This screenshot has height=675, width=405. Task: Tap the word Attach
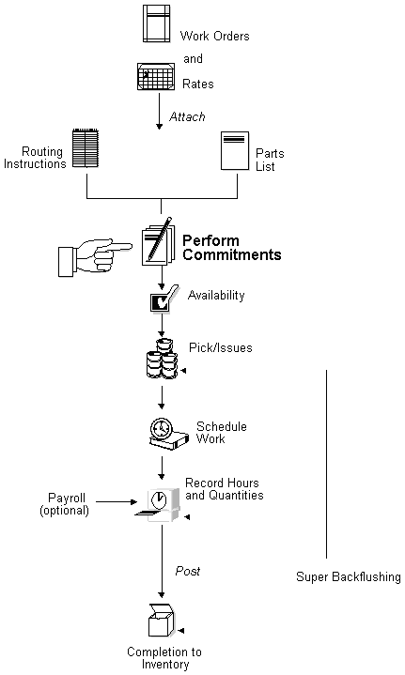pyautogui.click(x=187, y=116)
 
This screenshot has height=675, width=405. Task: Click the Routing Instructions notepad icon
pyautogui.click(x=86, y=150)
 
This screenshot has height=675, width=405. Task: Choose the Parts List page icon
pyautogui.click(x=234, y=151)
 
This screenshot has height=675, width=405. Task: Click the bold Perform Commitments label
pyautogui.click(x=231, y=247)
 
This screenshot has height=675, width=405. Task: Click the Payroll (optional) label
pyautogui.click(x=64, y=503)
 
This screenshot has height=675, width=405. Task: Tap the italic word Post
pyautogui.click(x=188, y=571)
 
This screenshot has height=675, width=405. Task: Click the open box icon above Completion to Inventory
pyautogui.click(x=161, y=621)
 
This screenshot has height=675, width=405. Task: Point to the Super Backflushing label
pyautogui.click(x=349, y=576)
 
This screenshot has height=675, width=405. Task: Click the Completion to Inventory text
pyautogui.click(x=164, y=658)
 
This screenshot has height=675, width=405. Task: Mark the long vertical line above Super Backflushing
pyautogui.click(x=326, y=465)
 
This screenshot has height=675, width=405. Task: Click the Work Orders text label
pyautogui.click(x=215, y=37)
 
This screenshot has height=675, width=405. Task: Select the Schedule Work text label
pyautogui.click(x=221, y=432)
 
